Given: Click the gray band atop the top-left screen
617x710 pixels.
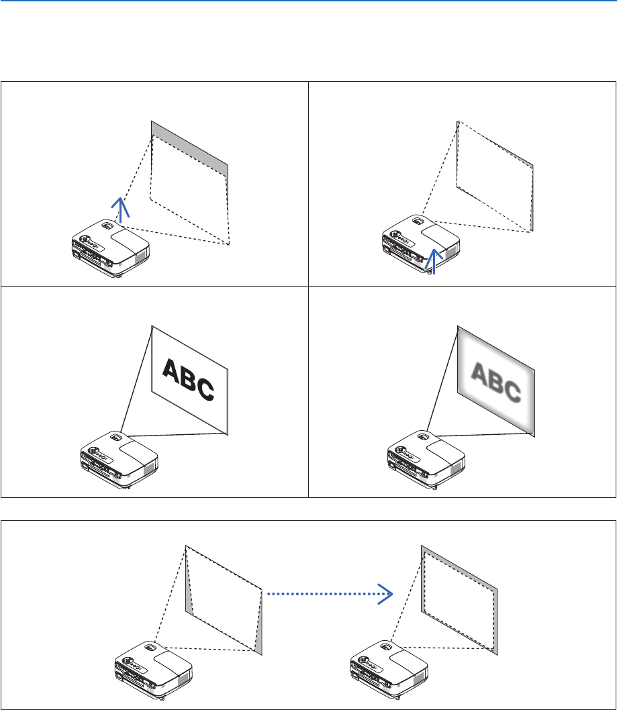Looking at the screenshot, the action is click(189, 145).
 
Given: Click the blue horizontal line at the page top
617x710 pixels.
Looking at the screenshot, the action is click(308, 1).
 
